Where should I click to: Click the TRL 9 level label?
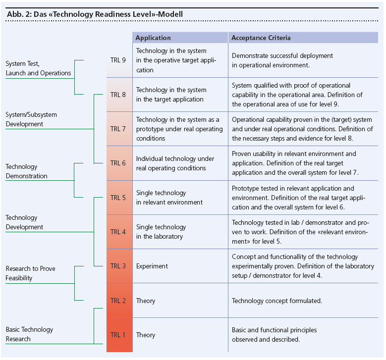pos(118,60)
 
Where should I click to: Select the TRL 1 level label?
pos(118,335)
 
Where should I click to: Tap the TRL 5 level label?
pos(118,198)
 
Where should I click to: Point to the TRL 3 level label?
pos(118,266)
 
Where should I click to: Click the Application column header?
pos(153,38)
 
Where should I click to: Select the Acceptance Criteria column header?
pos(261,38)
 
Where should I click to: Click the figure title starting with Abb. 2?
pos(95,14)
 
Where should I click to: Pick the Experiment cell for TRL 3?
pos(152,266)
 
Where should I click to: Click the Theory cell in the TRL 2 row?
pos(146,301)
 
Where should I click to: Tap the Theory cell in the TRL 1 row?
pos(146,335)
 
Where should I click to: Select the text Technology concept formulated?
pos(277,301)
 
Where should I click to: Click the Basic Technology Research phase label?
pos(29,334)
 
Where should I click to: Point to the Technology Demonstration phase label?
pos(27,171)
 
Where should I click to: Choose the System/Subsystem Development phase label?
pos(31,119)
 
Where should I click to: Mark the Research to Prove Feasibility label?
pos(31,273)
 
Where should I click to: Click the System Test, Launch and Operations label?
pos(38,68)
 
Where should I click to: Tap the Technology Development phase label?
pos(24,222)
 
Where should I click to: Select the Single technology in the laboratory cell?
pos(161,232)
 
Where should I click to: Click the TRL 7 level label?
pos(118,129)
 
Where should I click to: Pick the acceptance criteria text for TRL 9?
pos(282,60)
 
